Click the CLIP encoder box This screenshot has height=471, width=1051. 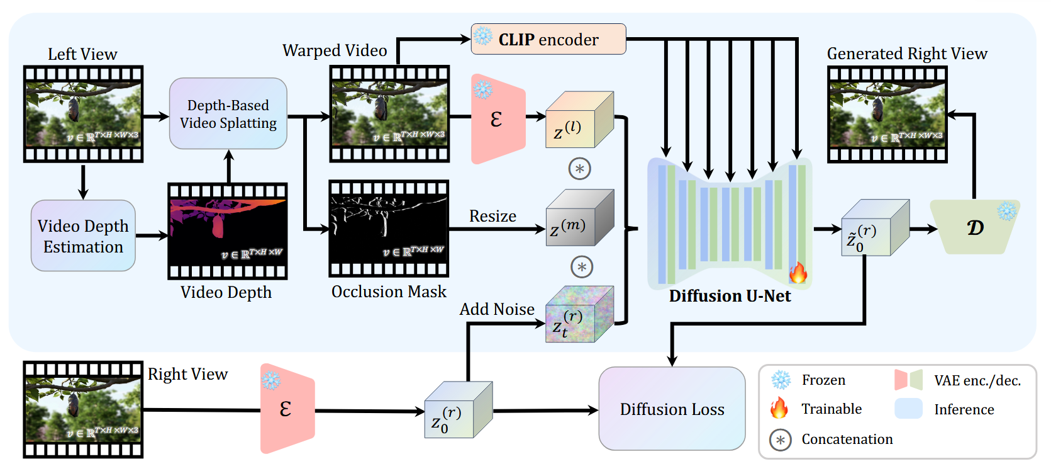coord(548,39)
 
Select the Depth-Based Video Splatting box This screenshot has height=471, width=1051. coord(228,114)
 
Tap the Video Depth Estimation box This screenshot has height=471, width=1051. coord(83,236)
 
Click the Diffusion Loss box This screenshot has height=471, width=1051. coord(672,409)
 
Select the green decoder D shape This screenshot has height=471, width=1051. coord(974,227)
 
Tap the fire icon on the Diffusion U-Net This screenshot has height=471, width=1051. coord(798,273)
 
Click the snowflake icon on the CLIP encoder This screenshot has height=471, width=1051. coord(483,37)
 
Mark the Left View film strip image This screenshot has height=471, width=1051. coord(83,114)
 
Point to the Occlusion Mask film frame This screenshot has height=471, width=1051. coord(389,229)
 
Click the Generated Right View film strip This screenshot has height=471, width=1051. coord(887,114)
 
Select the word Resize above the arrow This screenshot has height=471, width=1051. coord(492,217)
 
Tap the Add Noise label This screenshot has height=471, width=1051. coord(497,309)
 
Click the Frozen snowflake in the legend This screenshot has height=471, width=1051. coord(781,380)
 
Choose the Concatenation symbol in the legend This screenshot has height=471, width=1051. coord(781,440)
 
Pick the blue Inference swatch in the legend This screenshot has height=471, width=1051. coord(908,409)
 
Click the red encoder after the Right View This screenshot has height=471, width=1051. coord(287,409)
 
